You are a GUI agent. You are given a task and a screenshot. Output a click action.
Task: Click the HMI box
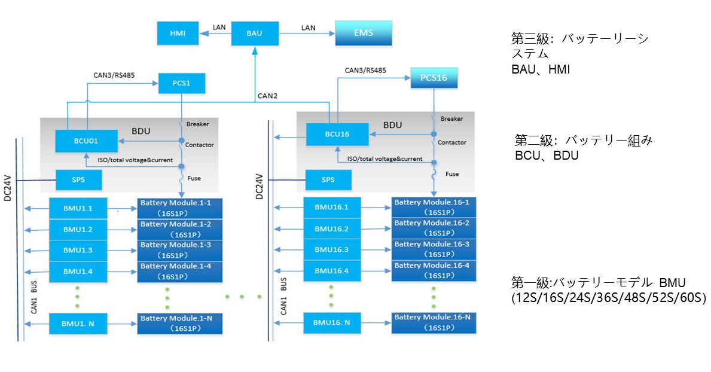[x=178, y=33]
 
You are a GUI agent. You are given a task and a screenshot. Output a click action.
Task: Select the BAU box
[x=255, y=33]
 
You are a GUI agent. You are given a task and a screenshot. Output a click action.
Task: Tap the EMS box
[x=363, y=33]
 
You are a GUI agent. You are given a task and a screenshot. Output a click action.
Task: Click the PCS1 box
[x=181, y=83]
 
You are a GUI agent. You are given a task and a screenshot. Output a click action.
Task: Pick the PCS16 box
[x=433, y=78]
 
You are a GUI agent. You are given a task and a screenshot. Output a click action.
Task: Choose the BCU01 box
[x=86, y=141]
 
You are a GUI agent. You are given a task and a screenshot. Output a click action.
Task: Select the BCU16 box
[x=337, y=134]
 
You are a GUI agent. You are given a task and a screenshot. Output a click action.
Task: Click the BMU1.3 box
[x=78, y=250]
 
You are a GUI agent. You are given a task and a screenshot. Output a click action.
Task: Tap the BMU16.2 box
[x=331, y=228]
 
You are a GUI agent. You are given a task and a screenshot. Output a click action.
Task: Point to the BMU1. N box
[x=78, y=324]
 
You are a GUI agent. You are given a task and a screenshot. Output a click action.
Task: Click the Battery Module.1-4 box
[x=180, y=272]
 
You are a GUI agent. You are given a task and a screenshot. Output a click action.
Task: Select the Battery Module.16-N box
[x=433, y=322]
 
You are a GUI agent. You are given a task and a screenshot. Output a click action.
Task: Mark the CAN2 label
[x=267, y=96]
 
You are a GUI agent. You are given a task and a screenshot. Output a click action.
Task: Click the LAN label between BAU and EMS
[x=308, y=28]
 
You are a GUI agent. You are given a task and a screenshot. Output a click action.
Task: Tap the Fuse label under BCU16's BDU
[x=452, y=174]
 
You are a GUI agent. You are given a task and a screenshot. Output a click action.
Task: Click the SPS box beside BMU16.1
[x=328, y=179]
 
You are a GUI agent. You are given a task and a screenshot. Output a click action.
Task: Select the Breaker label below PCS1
[x=198, y=124]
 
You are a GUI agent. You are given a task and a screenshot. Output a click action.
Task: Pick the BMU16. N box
[x=331, y=323]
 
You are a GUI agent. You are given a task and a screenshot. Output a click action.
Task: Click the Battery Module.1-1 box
[x=180, y=208]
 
